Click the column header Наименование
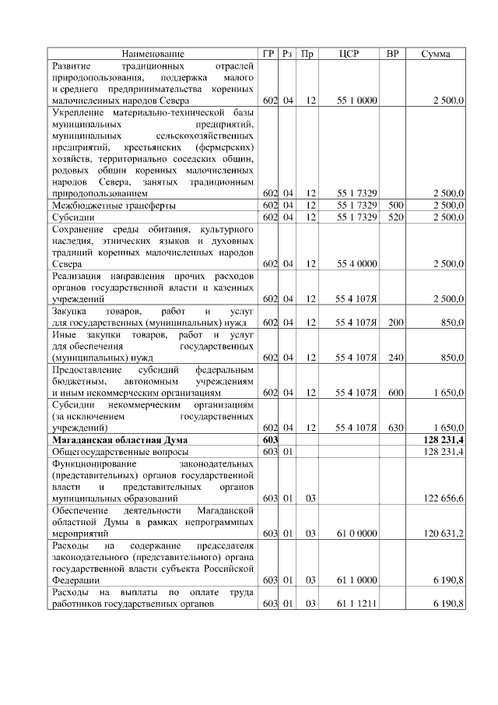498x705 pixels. tap(153, 54)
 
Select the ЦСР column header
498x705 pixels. tap(348, 54)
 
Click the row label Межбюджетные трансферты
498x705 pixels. tap(114, 205)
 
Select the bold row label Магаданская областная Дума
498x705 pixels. tap(114, 440)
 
